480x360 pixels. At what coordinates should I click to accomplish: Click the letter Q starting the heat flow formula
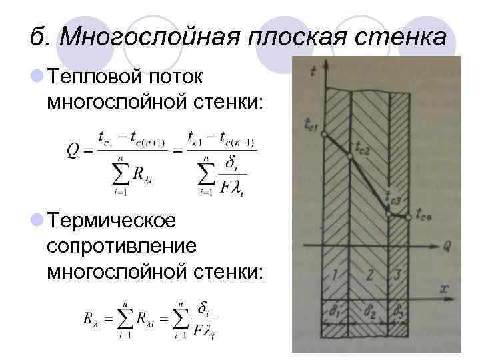tap(75, 153)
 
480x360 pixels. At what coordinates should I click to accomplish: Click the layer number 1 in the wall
tap(334, 274)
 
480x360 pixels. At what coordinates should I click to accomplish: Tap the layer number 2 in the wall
tap(369, 274)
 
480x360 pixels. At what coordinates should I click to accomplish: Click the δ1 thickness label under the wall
tap(333, 310)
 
